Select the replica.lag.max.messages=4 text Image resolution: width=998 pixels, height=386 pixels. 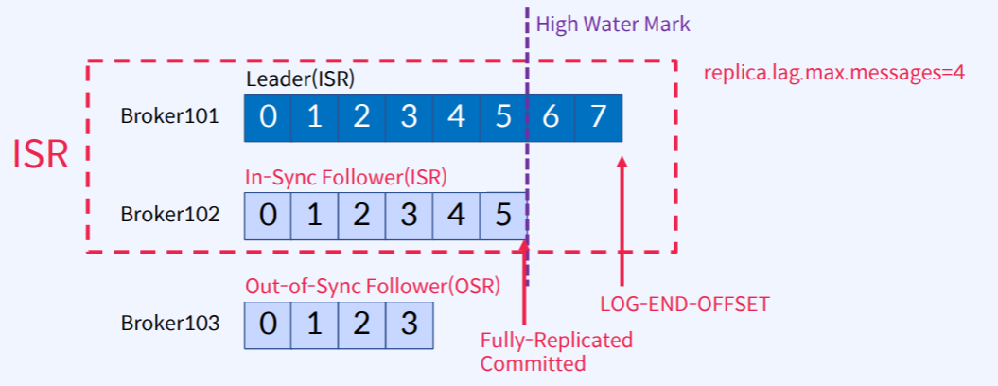[833, 73]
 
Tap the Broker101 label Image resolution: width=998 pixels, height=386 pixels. [169, 117]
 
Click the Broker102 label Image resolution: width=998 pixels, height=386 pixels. [169, 215]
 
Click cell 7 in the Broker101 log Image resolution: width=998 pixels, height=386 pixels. [597, 117]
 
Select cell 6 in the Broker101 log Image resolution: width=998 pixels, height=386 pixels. [551, 117]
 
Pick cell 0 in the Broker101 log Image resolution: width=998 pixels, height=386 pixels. [269, 117]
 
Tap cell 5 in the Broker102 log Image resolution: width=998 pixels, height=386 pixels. [502, 215]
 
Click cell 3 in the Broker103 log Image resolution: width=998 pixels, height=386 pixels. [409, 324]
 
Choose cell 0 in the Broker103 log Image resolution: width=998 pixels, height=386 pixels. [269, 324]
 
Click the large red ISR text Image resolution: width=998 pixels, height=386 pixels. [41, 156]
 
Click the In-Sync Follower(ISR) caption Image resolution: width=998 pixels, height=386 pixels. [346, 177]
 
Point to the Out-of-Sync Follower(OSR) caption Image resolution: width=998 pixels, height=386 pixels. [372, 286]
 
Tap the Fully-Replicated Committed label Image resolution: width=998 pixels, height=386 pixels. [556, 351]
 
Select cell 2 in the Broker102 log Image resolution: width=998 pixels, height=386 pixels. [362, 215]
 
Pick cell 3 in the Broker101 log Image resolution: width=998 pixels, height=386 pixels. [409, 117]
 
